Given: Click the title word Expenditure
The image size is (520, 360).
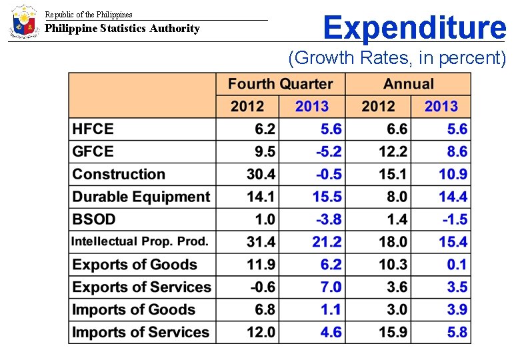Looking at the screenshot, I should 414,28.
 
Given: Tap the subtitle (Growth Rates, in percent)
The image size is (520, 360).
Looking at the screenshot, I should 397,58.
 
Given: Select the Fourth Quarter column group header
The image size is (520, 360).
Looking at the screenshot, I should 280,84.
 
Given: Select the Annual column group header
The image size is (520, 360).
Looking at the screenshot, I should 408,84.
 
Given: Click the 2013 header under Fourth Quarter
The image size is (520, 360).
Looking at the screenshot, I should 311,106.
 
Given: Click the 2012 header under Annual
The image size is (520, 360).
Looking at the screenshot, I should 378,106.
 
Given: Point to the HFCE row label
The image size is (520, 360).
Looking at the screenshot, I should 93,129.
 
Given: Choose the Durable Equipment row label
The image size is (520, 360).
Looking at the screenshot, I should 141,197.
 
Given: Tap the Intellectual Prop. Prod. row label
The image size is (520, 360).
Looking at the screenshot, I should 140,241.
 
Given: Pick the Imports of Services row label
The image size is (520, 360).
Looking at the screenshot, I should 141,332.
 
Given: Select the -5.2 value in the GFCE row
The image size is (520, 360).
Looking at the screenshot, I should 329,152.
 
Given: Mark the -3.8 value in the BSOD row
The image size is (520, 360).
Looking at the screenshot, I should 329,219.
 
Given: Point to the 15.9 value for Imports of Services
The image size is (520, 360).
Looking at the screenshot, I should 393,332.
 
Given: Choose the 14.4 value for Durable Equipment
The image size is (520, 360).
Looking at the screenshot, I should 453,197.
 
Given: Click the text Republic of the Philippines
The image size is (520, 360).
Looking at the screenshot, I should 89,14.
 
